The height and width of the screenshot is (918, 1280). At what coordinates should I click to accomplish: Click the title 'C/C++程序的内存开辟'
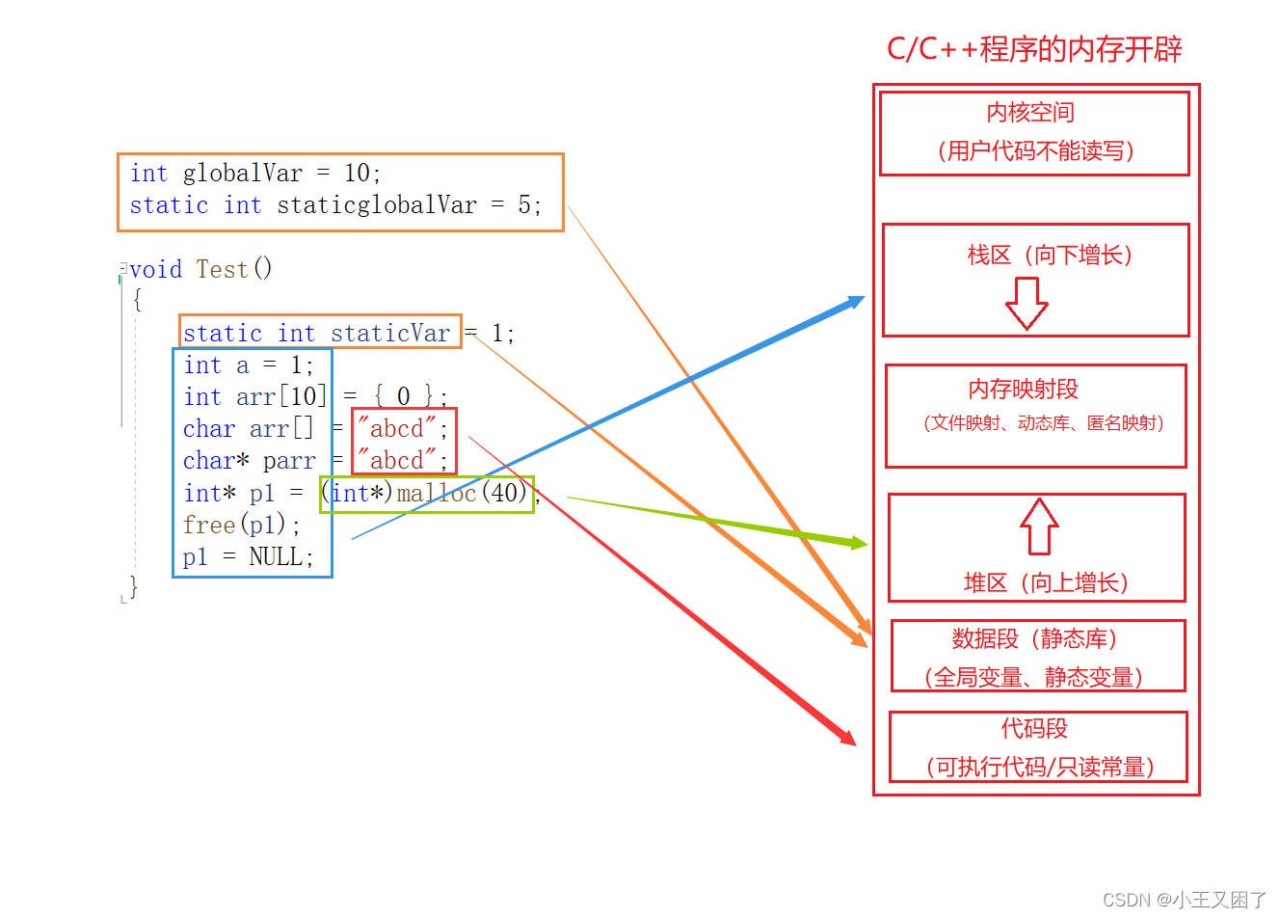(1033, 49)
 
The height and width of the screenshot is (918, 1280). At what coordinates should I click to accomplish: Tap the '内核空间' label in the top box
(1029, 113)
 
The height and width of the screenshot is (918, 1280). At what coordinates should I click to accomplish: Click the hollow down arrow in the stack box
(1027, 303)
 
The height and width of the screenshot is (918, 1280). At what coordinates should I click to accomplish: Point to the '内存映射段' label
(1023, 389)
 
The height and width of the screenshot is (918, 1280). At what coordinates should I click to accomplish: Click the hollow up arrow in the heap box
(1039, 526)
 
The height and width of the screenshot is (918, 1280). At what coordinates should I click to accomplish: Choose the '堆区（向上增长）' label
(1046, 582)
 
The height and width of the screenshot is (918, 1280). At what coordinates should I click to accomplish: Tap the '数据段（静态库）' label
(1034, 638)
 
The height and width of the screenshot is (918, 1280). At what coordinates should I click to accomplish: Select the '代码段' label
(1034, 728)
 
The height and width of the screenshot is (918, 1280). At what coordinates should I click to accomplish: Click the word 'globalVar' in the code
(242, 174)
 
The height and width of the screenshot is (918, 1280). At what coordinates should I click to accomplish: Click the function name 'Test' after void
(222, 269)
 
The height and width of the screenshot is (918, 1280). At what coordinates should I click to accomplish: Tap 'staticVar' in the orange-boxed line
(389, 334)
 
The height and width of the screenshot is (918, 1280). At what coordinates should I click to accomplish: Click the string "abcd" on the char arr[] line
(396, 429)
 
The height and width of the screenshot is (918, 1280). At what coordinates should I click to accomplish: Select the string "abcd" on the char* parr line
(396, 461)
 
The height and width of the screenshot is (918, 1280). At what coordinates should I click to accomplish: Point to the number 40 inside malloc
(504, 494)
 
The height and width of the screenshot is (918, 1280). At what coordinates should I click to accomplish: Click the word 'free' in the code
(209, 526)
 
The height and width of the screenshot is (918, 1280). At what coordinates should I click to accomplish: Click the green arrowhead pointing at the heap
(857, 544)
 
